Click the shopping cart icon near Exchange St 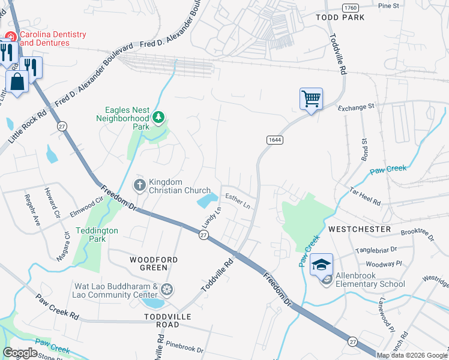point(311,98)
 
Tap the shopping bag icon point(17,80)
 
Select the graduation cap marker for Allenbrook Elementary point(322,264)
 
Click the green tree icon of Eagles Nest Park point(158,117)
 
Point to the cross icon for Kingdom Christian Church point(139,185)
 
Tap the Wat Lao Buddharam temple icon point(167,290)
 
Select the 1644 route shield point(274,139)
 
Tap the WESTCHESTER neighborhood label point(360,229)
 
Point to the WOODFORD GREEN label point(154,259)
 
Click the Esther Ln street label point(238,200)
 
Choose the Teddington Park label point(97,235)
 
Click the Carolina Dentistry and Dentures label point(53,39)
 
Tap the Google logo point(20,352)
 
